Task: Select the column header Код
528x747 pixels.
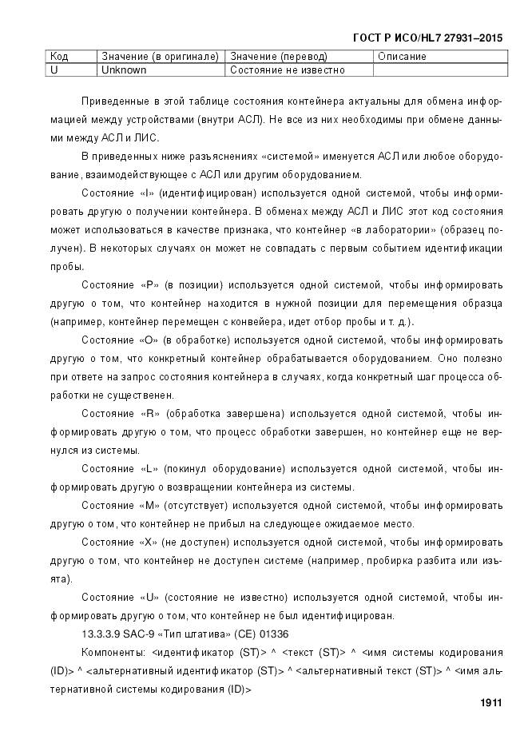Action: pos(59,57)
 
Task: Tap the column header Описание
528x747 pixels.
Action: pos(402,57)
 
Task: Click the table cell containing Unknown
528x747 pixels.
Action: pos(124,70)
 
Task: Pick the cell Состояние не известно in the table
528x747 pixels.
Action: pos(288,70)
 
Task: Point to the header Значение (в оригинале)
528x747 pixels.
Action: pos(160,57)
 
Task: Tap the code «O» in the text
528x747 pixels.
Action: pos(147,340)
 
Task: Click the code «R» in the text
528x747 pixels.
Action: pos(149,414)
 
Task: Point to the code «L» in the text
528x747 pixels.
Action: pos(148,468)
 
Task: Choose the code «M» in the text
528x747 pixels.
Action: pos(149,506)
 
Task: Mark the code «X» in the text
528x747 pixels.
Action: pos(147,542)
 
